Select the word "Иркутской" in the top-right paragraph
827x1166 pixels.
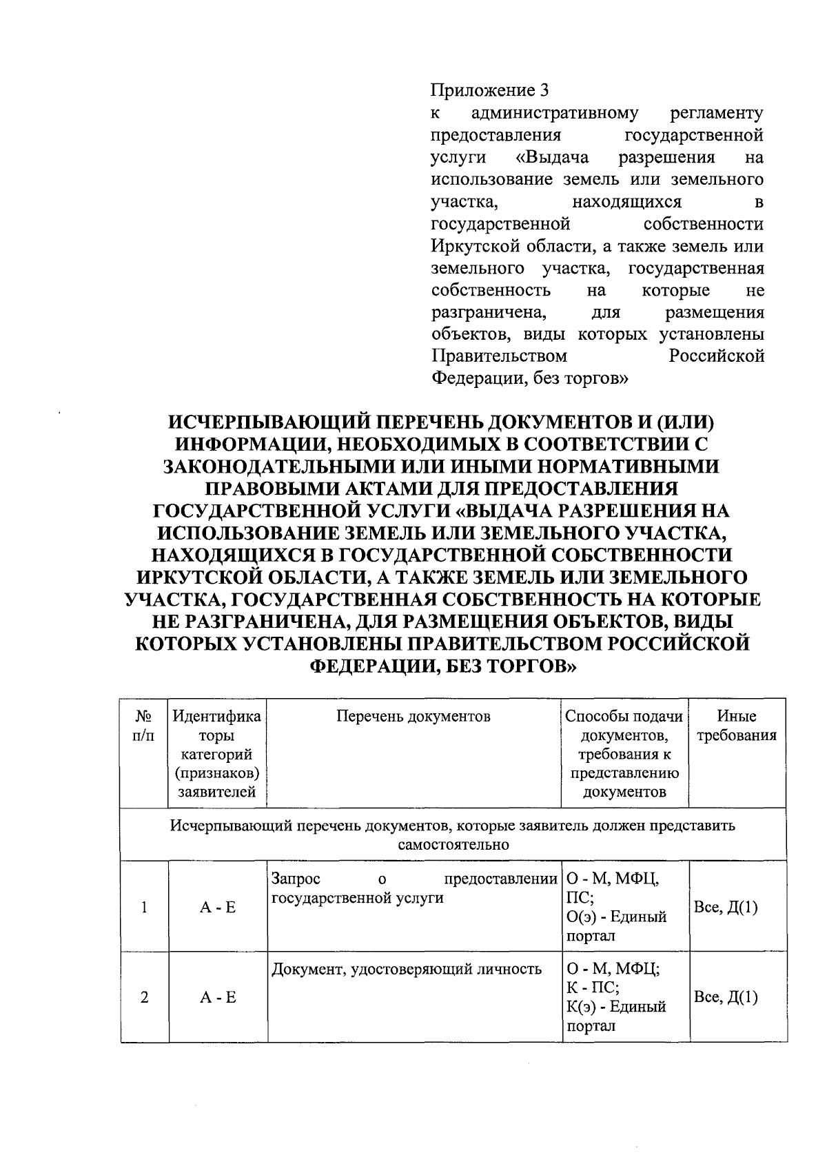coord(474,246)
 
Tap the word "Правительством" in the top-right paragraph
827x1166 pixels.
coord(499,356)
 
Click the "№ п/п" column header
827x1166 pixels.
coord(143,726)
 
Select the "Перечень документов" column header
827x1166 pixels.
coord(413,717)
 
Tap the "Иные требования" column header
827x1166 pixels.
coord(737,726)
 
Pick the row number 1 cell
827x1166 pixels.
coord(143,907)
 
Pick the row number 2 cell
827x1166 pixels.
coord(144,997)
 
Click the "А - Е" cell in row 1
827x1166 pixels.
coord(218,907)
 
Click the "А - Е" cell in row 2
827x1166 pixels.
coord(218,997)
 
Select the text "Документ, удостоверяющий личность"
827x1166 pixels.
coord(407,970)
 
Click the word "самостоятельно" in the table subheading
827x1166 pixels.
coord(453,844)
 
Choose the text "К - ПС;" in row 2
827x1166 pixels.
coord(592,988)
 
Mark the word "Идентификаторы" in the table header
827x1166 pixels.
coord(217,726)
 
